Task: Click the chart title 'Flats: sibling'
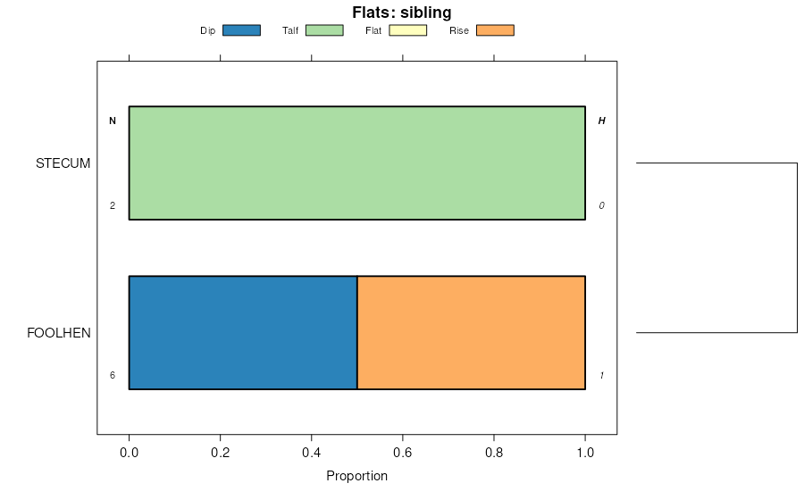[x=401, y=12]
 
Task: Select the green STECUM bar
[x=356, y=162]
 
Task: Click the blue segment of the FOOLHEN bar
[x=243, y=332]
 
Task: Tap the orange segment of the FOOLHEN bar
[x=471, y=332]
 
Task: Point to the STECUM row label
[x=63, y=163]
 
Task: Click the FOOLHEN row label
[x=59, y=333]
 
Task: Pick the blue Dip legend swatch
[x=241, y=30]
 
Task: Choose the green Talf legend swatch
[x=324, y=30]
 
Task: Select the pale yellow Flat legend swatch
[x=408, y=30]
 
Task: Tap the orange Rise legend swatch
[x=495, y=30]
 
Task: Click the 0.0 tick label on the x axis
[x=129, y=451]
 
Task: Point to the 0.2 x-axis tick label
[x=220, y=451]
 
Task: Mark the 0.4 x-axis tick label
[x=311, y=451]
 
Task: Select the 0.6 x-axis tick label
[x=403, y=451]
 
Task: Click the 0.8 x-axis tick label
[x=494, y=451]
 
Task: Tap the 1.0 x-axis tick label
[x=585, y=451]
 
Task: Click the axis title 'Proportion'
[x=356, y=476]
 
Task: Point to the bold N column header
[x=113, y=121]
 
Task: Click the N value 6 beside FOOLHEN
[x=113, y=375]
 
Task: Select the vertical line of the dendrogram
[x=797, y=248]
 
